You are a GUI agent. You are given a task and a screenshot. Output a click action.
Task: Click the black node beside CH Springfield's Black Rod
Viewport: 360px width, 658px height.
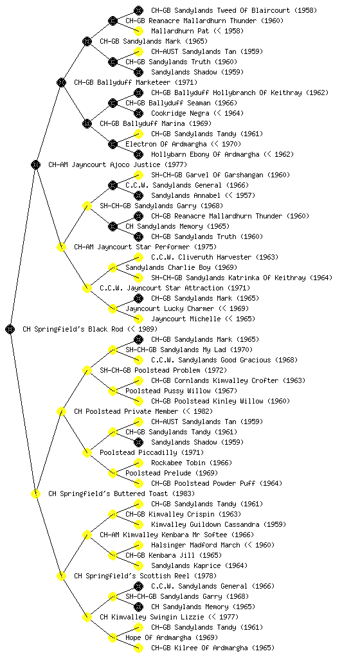click(10, 330)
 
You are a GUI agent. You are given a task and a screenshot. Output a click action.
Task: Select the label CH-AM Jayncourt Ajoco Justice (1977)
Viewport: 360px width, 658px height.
click(118, 164)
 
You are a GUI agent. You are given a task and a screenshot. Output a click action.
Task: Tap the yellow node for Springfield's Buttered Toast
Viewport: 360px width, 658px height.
click(35, 494)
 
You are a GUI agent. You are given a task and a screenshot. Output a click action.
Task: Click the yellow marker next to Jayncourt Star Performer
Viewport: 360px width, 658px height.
click(61, 247)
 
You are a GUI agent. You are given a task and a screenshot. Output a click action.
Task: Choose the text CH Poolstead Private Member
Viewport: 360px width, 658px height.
click(126, 411)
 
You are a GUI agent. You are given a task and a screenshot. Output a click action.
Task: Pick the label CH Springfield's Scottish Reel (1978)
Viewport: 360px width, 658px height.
click(145, 576)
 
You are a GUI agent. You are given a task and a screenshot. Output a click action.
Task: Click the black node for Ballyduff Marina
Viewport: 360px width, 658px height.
click(87, 124)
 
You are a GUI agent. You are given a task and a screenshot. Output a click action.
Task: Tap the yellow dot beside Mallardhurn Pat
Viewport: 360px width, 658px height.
click(138, 31)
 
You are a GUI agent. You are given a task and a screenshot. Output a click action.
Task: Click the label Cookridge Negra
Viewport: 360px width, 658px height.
click(180, 113)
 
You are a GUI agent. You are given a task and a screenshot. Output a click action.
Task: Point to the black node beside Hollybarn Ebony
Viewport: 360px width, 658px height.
click(138, 154)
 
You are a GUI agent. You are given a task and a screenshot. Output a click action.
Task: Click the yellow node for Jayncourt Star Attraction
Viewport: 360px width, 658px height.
click(87, 289)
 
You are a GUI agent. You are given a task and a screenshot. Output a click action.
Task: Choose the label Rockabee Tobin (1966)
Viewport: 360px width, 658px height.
click(192, 463)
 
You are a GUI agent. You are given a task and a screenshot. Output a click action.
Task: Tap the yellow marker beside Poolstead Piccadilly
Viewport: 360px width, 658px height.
click(87, 453)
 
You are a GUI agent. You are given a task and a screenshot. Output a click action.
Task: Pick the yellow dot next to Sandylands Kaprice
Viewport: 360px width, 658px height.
click(138, 565)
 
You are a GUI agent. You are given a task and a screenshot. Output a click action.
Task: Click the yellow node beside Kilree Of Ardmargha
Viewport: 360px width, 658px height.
click(138, 648)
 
